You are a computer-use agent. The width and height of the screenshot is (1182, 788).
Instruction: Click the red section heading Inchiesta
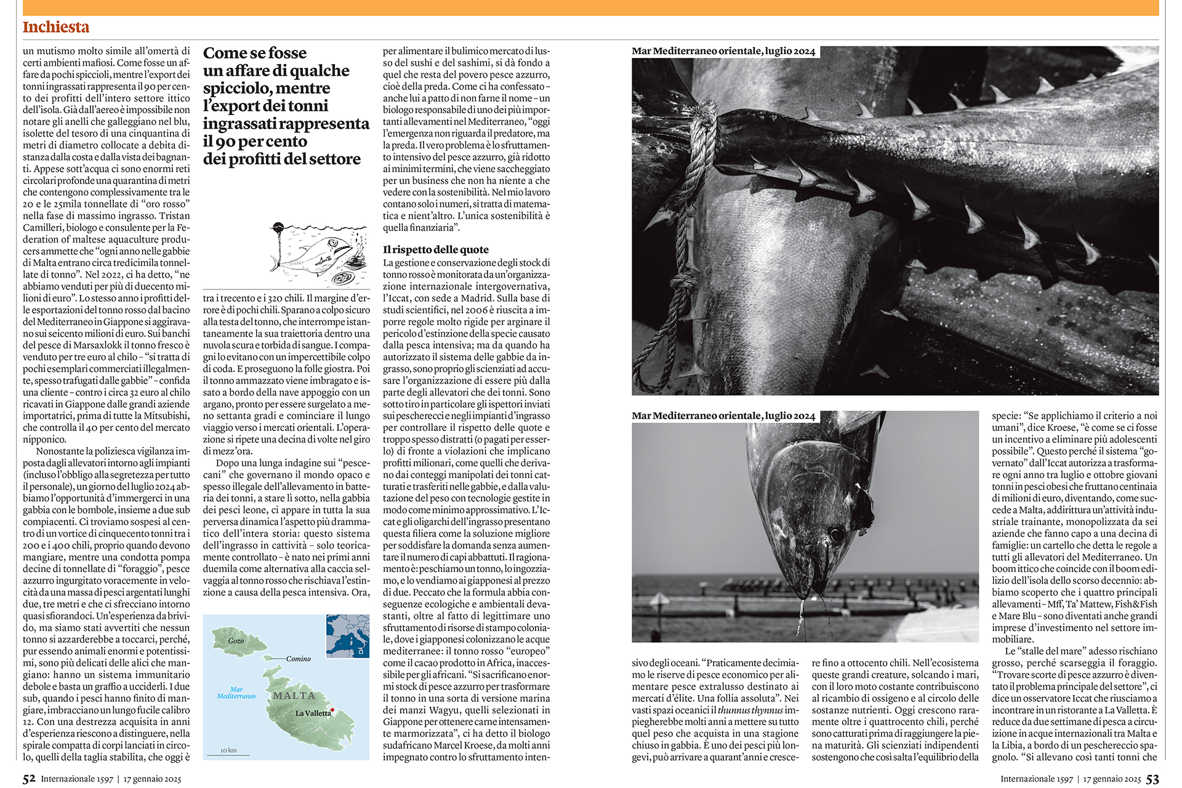[x=56, y=27]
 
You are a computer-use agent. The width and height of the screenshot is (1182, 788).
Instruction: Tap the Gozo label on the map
[x=236, y=641]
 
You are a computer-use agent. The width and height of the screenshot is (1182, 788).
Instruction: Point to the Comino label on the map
[x=299, y=659]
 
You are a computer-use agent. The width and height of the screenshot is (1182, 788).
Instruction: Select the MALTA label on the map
[x=294, y=696]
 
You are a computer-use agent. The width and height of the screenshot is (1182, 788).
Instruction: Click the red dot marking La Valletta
[x=332, y=710]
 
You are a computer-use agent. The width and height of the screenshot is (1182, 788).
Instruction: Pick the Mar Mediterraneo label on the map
[x=236, y=693]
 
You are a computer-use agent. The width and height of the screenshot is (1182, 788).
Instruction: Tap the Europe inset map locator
[x=348, y=636]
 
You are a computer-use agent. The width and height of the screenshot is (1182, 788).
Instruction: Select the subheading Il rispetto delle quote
[x=435, y=250]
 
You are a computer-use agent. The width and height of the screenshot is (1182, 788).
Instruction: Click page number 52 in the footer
[x=29, y=779]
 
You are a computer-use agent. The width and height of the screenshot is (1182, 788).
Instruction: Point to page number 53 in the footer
[x=1152, y=779]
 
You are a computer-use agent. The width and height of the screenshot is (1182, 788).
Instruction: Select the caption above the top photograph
[x=723, y=51]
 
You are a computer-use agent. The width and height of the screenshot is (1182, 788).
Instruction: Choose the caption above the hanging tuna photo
[x=723, y=416]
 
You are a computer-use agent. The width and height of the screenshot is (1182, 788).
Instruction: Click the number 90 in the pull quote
[x=226, y=142]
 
